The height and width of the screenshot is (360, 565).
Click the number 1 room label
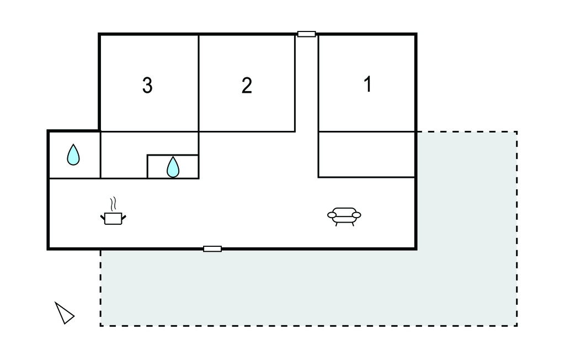[x=367, y=84]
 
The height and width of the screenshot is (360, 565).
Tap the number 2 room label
[x=247, y=86]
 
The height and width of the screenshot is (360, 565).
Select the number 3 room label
[x=147, y=86]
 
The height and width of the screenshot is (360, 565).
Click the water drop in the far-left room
[x=73, y=155]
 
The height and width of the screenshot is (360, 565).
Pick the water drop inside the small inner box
[x=173, y=167]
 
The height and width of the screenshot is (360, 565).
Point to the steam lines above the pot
[x=113, y=204]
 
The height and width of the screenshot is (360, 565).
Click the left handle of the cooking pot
[x=102, y=217]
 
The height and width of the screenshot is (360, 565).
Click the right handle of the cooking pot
[x=124, y=217]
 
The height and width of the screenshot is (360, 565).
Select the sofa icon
[x=344, y=216]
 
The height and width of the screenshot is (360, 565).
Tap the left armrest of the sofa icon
[x=332, y=215]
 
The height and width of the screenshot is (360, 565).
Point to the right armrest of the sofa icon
[x=356, y=215]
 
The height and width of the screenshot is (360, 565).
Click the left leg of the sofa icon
[x=337, y=224]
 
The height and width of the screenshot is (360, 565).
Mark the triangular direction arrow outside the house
[x=65, y=313]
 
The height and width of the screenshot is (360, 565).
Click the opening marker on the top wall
[x=307, y=34]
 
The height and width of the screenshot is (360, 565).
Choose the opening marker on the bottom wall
[x=212, y=249]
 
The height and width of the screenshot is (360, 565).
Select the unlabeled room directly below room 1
[x=366, y=155]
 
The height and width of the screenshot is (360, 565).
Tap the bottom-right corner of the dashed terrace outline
[x=517, y=326]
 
